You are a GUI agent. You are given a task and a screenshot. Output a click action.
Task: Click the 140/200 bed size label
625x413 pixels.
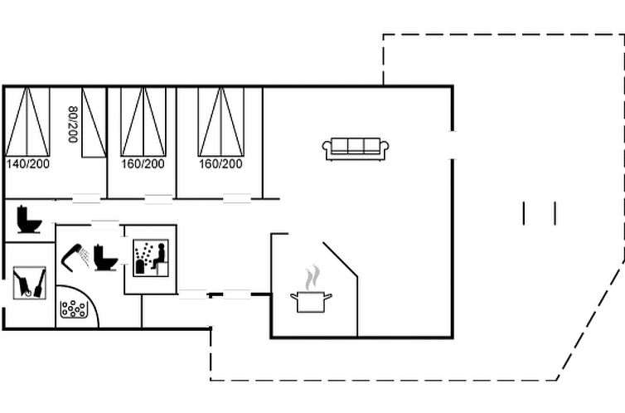(28, 164)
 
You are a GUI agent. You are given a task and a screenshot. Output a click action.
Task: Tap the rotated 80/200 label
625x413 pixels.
(73, 124)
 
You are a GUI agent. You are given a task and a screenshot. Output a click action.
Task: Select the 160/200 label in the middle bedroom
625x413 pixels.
(143, 164)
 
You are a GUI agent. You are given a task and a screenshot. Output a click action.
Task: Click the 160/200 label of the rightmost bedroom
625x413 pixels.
(220, 164)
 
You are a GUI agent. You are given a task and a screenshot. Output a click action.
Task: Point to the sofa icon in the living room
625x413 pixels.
(356, 149)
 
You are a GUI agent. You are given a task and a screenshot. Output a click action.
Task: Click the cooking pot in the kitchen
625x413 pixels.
(311, 302)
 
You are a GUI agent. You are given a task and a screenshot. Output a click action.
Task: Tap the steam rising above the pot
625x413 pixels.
(312, 278)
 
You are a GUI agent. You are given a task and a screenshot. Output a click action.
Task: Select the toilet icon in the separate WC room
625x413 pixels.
(29, 219)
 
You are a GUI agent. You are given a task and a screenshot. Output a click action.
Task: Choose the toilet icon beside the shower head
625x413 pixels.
(105, 258)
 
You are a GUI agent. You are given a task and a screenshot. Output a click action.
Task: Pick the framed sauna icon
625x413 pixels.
(151, 258)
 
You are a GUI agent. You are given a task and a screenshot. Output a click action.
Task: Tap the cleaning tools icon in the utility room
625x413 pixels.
(30, 283)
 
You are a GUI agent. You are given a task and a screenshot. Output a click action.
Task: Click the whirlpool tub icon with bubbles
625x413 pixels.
(74, 309)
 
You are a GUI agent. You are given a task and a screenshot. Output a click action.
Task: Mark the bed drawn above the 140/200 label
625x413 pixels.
(27, 122)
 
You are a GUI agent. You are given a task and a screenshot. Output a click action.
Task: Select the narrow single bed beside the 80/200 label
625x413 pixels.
(94, 123)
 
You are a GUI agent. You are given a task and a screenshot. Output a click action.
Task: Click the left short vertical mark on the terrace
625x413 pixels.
(524, 214)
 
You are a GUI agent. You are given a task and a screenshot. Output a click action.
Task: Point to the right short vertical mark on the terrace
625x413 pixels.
(555, 214)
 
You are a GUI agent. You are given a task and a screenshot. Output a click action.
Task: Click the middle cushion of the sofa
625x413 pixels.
(356, 146)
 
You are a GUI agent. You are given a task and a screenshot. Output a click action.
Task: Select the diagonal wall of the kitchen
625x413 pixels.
(340, 259)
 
